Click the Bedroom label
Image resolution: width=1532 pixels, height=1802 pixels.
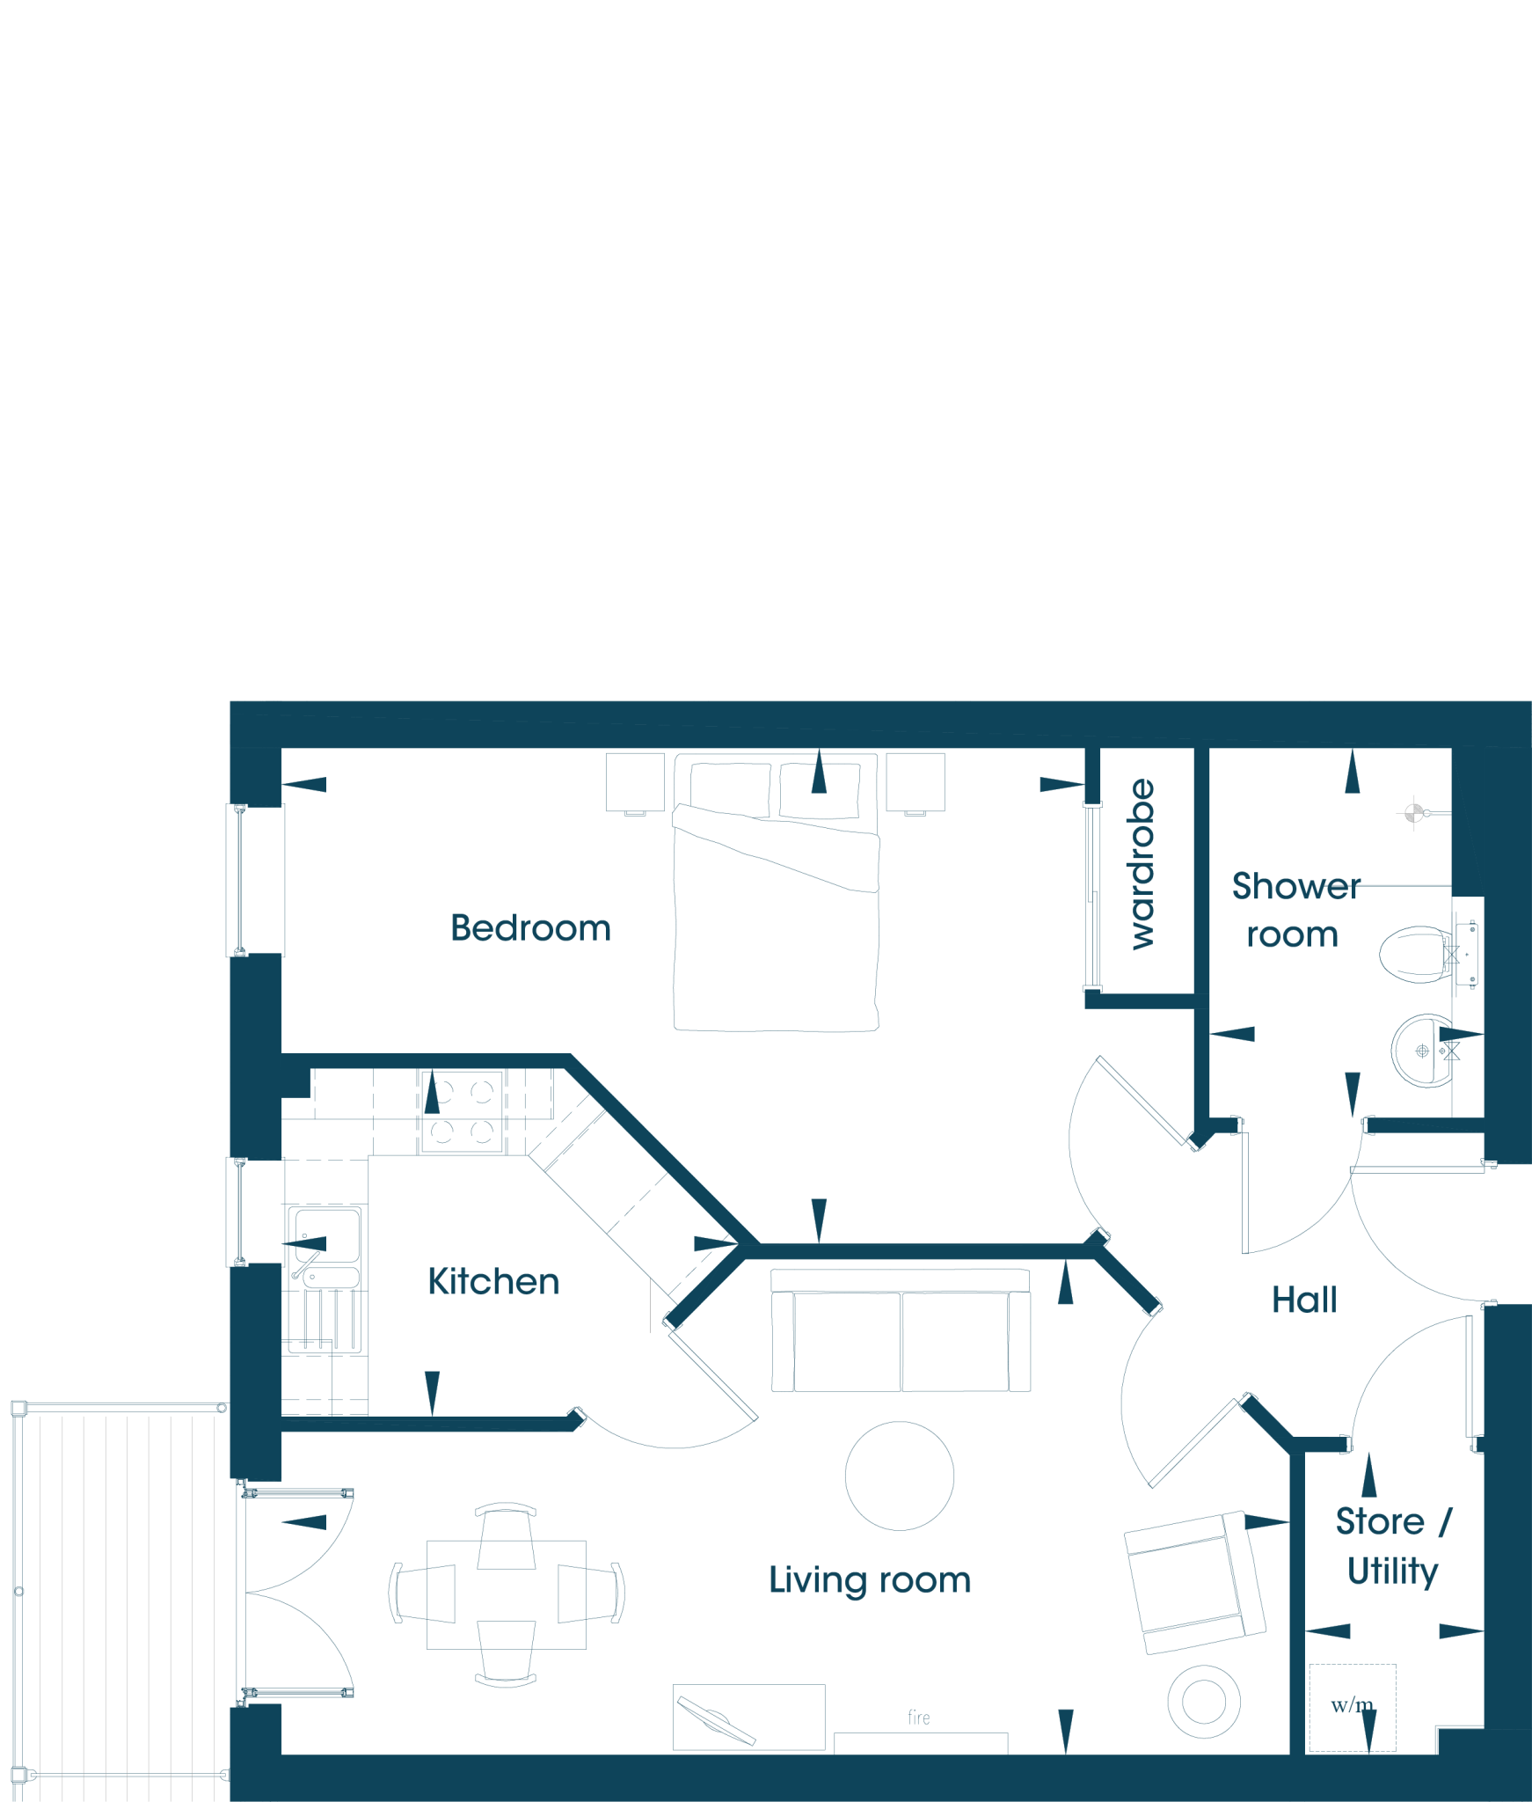point(530,928)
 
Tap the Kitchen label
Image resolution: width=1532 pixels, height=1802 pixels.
point(493,1282)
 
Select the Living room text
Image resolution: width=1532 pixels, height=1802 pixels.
point(870,1580)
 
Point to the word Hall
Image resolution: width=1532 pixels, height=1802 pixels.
point(1304,1300)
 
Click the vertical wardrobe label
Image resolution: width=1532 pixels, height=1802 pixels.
point(1142,864)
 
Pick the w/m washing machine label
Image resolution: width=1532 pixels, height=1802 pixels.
point(1352,1705)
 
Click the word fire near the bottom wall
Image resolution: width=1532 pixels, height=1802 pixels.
point(919,1717)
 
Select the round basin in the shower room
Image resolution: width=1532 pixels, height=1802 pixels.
point(1423,1051)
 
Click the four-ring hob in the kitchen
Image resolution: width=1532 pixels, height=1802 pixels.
point(463,1111)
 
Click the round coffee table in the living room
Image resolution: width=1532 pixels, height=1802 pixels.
point(899,1476)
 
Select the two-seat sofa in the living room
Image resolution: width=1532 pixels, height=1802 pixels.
point(901,1330)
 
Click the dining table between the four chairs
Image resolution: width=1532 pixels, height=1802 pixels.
point(506,1594)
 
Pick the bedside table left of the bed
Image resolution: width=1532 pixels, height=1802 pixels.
point(635,782)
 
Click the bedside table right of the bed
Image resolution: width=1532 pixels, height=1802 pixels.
point(916,782)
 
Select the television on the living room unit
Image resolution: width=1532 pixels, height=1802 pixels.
point(716,1722)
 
